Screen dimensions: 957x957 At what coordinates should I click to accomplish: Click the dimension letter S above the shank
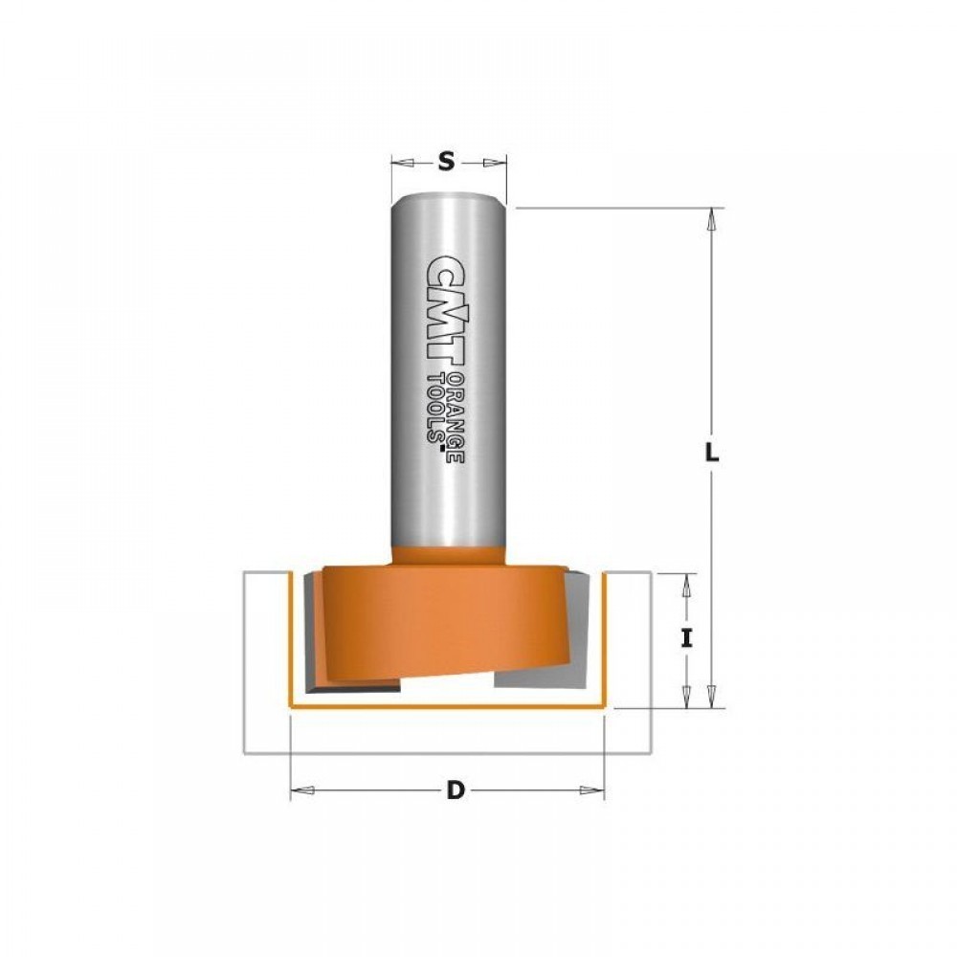coord(447,163)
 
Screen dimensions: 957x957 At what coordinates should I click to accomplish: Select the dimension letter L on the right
coord(712,453)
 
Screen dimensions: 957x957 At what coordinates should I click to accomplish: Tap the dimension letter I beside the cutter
coord(686,639)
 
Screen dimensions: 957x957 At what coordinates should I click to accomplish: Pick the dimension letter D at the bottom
coord(456,790)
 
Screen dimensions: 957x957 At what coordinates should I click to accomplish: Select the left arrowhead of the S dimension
coord(402,163)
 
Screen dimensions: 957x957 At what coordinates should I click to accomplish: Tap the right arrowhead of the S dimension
coord(495,163)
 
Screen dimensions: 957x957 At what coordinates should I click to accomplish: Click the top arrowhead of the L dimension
coord(712,219)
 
